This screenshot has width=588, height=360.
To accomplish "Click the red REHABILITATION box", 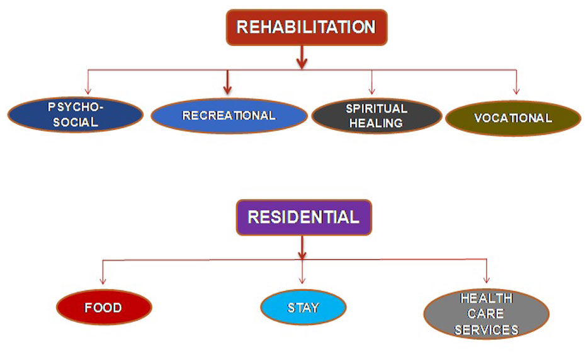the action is (x=307, y=27).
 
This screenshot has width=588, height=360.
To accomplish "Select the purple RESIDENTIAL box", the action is (x=303, y=218).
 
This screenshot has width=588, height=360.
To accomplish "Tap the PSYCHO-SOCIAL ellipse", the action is (x=76, y=115).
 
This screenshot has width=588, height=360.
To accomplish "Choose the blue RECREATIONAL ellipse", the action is (x=229, y=116).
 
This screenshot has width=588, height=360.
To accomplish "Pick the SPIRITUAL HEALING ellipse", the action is (x=376, y=116).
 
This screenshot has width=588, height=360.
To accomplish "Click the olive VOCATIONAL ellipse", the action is (x=513, y=118).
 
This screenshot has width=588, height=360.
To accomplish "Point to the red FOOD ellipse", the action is (x=104, y=308).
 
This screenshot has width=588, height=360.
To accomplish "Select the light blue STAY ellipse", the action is (x=303, y=308).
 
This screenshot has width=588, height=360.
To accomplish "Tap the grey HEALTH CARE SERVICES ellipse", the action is (x=487, y=314).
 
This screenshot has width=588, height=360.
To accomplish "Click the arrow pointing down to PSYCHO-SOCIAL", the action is (x=88, y=82).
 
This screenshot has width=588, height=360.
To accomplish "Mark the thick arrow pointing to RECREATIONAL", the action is (x=227, y=82).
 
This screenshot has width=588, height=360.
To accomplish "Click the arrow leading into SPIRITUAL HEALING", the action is (x=371, y=82).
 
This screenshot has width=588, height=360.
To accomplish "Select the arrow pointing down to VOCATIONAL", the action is (x=516, y=82).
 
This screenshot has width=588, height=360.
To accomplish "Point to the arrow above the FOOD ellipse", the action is (x=103, y=272).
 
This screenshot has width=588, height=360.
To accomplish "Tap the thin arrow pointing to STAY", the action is (x=302, y=272).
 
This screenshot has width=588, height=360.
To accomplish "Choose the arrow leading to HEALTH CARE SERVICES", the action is (x=487, y=271).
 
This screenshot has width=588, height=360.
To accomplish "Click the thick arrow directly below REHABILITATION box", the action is (x=302, y=57).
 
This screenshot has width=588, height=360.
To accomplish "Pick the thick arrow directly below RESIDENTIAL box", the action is (x=302, y=247).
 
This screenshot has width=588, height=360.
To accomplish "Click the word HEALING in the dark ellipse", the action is (x=376, y=123).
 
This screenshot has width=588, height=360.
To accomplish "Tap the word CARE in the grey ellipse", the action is (x=485, y=313).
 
